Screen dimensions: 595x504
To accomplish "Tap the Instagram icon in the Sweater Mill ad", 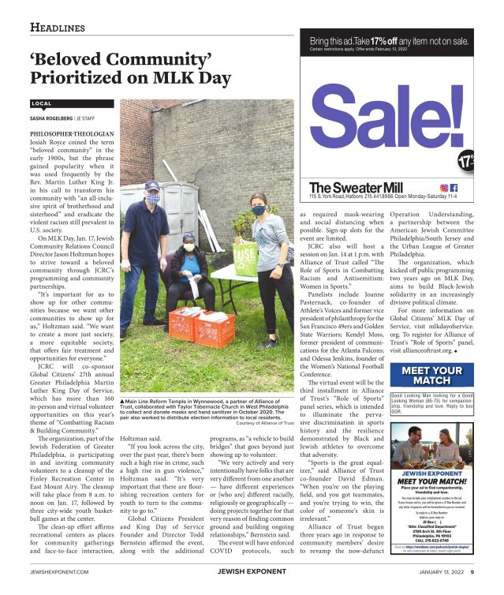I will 445,187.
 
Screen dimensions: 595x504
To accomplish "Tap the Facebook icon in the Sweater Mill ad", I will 454,187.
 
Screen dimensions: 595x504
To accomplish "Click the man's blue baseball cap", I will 152,185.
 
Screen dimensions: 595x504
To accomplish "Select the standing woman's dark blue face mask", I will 258,210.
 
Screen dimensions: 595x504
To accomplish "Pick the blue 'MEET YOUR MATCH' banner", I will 432,376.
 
